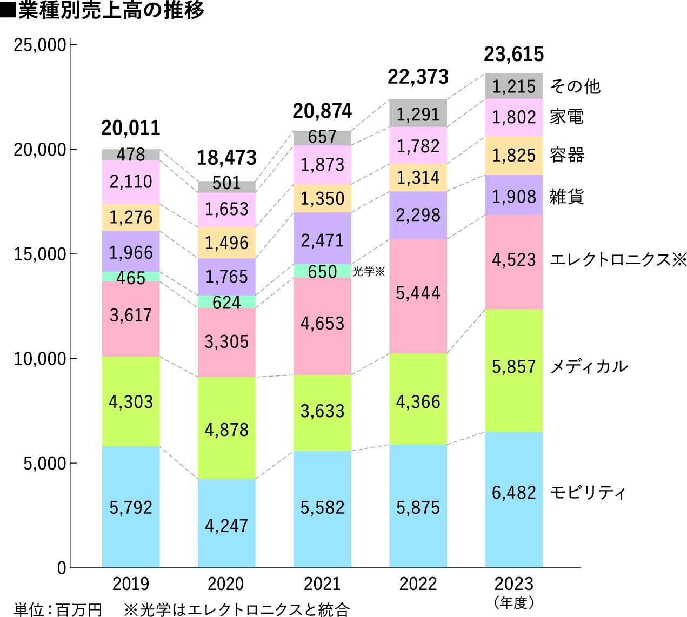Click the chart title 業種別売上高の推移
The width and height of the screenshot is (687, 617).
[x=111, y=11]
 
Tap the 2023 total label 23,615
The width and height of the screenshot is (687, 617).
[x=513, y=55]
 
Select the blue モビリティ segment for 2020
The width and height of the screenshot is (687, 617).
[x=226, y=523]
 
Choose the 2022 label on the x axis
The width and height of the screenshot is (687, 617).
[x=418, y=584]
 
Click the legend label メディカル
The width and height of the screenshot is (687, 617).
[x=589, y=367]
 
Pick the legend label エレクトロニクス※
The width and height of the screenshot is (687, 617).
[x=618, y=260]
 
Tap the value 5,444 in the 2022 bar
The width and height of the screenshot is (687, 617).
[x=418, y=293]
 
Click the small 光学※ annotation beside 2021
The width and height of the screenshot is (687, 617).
[x=369, y=271]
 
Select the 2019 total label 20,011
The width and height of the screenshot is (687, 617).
[x=131, y=128]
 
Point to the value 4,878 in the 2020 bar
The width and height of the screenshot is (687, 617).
[x=226, y=430]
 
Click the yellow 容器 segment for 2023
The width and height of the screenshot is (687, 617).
[x=513, y=156]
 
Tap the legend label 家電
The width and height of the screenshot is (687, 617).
[x=566, y=117]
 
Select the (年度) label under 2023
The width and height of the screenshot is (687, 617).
[x=513, y=602]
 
